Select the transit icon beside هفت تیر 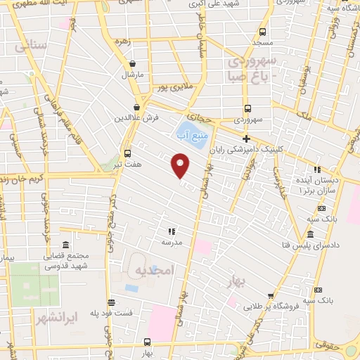(127, 153)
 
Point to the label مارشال (131, 74)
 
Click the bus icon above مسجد (262, 32)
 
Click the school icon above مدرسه (170, 231)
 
